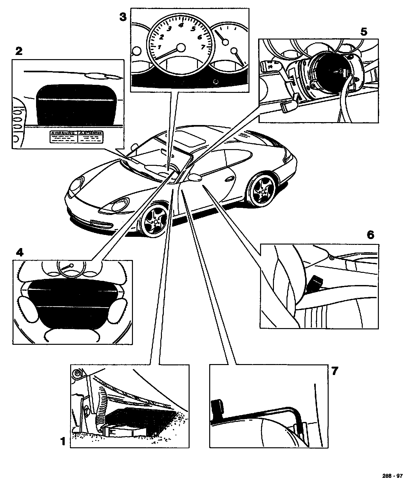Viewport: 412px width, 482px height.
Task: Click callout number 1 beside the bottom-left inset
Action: [63, 441]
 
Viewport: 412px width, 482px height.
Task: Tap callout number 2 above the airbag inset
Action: [19, 51]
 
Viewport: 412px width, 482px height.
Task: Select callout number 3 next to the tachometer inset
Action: [123, 16]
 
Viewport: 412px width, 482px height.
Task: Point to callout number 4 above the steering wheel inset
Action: [19, 252]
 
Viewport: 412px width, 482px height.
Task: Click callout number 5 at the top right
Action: [364, 31]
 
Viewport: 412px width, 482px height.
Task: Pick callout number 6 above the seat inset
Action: [370, 235]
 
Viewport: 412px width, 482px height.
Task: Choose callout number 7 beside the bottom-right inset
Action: [335, 371]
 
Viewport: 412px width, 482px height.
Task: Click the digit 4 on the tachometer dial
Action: [181, 25]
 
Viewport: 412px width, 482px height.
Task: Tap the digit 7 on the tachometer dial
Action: [203, 47]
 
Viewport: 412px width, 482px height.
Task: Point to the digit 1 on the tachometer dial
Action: [158, 47]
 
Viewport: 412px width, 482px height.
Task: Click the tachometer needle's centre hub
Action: [182, 48]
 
